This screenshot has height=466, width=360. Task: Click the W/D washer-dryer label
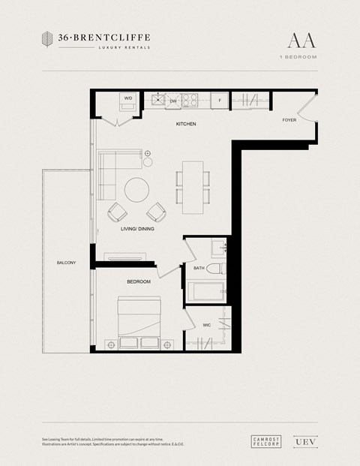(128, 98)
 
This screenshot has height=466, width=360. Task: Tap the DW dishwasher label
(172, 100)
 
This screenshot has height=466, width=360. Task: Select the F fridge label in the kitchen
(220, 99)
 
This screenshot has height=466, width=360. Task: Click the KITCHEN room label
(186, 124)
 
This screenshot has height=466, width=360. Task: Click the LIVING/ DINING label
(137, 229)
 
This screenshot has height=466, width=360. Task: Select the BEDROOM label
(138, 281)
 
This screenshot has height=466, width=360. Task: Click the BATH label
(199, 268)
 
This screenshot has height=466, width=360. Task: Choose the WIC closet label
(206, 325)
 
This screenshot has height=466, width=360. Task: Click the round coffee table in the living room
(138, 189)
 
